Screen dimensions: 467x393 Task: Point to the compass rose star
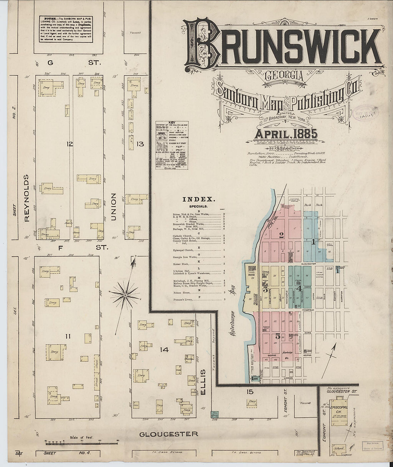coord(125,295)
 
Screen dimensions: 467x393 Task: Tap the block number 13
coord(139,144)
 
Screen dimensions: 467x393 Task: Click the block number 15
coord(250,392)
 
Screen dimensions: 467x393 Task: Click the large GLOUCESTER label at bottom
coord(168,434)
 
